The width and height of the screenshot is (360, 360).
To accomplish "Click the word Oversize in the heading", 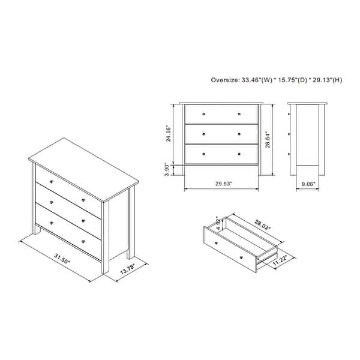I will point(225,79).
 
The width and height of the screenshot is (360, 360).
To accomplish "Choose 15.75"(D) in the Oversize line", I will point(293,79).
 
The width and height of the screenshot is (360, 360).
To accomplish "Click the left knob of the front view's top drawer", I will point(204,113).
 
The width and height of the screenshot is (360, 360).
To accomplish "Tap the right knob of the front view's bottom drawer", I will point(239,154).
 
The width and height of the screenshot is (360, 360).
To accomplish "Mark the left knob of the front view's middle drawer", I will point(204,133).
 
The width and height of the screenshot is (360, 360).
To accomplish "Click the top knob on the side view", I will point(290,113).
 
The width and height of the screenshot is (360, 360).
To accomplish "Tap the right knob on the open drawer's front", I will point(241,257).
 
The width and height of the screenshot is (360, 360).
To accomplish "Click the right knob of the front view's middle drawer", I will point(239,133).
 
